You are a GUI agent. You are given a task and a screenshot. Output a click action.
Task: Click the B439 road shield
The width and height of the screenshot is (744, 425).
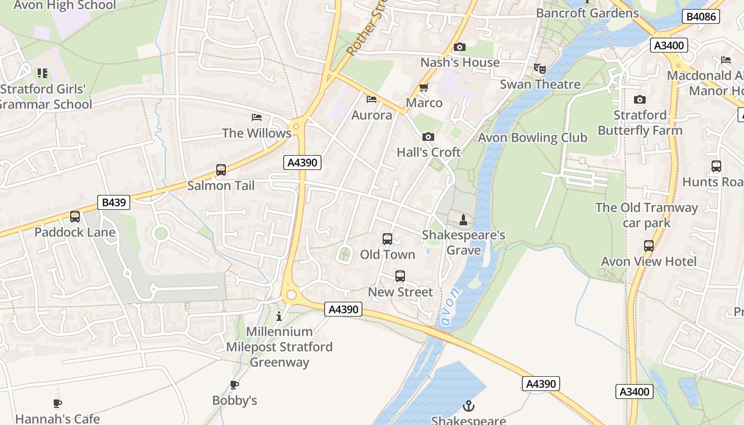pyautogui.click(x=114, y=202)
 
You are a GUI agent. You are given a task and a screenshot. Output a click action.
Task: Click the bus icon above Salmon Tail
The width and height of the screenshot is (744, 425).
pyautogui.click(x=221, y=170)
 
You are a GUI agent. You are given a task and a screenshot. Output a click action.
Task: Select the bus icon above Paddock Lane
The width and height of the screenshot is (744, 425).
pyautogui.click(x=75, y=217)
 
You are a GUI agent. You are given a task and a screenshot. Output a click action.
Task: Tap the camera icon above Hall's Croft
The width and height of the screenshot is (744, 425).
pyautogui.click(x=428, y=137)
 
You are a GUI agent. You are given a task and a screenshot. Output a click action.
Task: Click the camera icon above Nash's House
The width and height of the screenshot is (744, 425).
pyautogui.click(x=460, y=47)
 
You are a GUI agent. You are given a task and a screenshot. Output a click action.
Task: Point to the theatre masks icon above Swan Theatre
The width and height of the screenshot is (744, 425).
pyautogui.click(x=540, y=68)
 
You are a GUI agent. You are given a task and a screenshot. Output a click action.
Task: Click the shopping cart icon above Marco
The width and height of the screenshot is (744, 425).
pyautogui.click(x=424, y=87)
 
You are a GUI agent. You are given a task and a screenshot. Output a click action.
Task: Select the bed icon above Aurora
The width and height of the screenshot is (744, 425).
pyautogui.click(x=371, y=99)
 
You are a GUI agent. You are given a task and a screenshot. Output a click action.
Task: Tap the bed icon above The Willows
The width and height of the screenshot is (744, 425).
pyautogui.click(x=257, y=117)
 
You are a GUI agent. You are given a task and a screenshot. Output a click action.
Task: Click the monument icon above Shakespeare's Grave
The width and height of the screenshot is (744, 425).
pyautogui.click(x=463, y=219)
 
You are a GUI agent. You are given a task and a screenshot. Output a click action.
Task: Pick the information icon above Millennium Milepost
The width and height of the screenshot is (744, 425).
pyautogui.click(x=280, y=317)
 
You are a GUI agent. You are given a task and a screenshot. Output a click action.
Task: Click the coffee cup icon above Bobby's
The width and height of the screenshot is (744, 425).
pyautogui.click(x=234, y=385)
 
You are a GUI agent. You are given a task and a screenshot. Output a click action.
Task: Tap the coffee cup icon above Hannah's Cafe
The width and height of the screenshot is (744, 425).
pyautogui.click(x=57, y=404)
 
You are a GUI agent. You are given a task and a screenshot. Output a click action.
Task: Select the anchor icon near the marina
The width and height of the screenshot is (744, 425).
pyautogui.click(x=469, y=406)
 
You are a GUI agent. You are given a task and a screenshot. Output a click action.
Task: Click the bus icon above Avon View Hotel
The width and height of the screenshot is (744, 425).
pyautogui.click(x=649, y=246)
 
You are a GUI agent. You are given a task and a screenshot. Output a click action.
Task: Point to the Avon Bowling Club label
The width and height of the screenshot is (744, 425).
pyautogui.click(x=532, y=138)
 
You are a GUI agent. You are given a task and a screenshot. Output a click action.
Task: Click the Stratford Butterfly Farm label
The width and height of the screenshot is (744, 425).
pyautogui.click(x=640, y=123)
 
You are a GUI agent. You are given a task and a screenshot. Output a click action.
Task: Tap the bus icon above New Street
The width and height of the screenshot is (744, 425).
pyautogui.click(x=400, y=276)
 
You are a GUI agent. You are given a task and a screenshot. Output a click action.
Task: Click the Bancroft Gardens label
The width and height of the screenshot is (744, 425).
pyautogui.click(x=587, y=13)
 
